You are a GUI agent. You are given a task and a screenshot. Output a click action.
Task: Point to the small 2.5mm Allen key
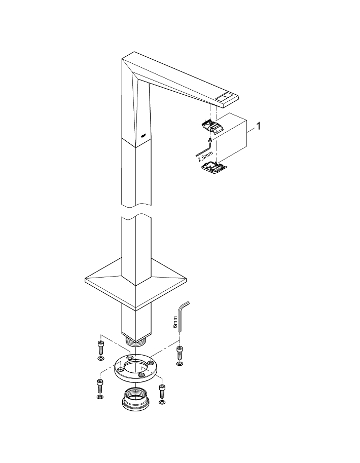click(x=203, y=149)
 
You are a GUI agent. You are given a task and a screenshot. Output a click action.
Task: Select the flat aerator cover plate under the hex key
click(x=213, y=167)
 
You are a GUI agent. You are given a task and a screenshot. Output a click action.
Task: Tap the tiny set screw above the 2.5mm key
click(x=209, y=140)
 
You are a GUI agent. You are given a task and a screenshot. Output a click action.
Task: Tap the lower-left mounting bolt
click(x=99, y=387)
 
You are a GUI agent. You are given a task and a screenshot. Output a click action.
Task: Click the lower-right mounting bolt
click(x=162, y=391)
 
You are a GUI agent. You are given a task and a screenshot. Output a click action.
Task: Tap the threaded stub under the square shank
click(x=137, y=340)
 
